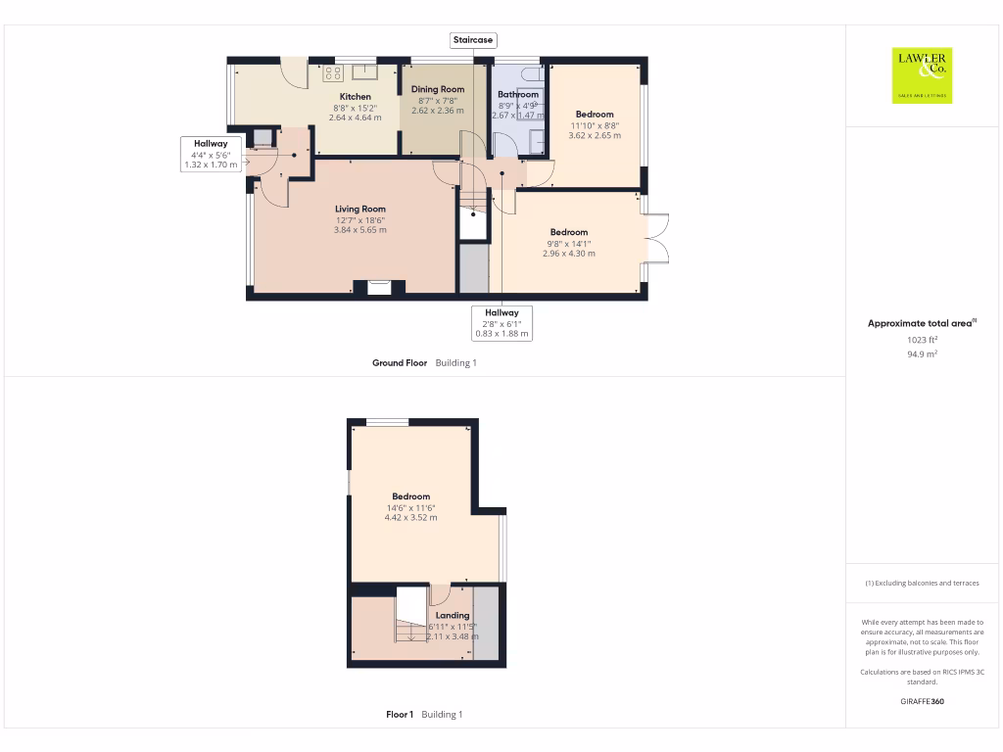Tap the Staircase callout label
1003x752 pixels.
pos(473,40)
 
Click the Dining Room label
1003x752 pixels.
pos(438,89)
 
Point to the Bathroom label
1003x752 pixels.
pos(517,95)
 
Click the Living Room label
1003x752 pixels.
pos(360,209)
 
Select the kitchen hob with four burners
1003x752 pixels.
pos(332,71)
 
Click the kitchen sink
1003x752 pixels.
pos(365,70)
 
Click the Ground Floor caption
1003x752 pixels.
pos(400,363)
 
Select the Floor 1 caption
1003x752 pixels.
pos(400,715)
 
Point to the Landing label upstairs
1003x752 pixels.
pos(453,615)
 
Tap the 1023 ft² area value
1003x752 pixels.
pos(923,340)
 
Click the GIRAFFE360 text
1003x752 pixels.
pos(923,701)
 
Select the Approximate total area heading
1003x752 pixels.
pos(921,323)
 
